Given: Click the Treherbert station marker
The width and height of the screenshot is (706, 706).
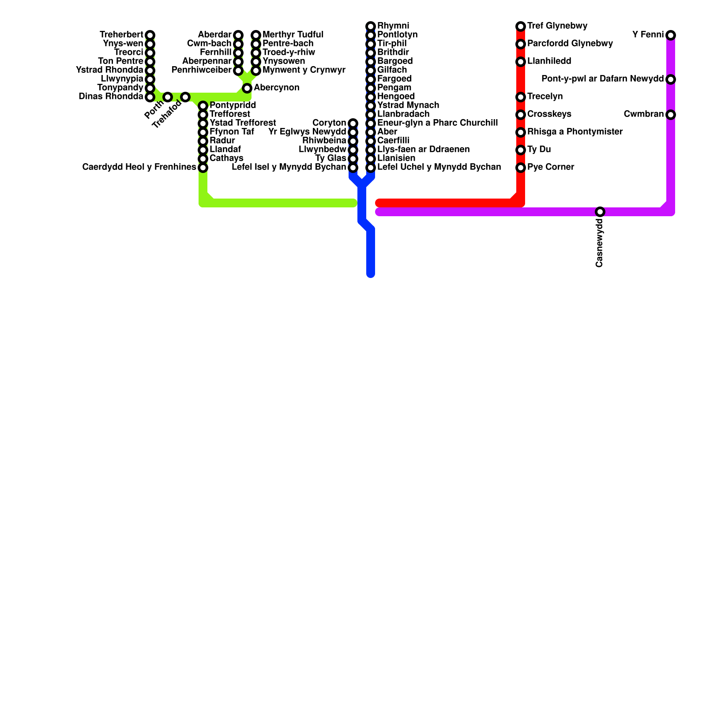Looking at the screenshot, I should (150, 35).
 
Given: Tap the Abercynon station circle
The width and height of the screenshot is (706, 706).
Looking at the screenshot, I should (247, 88).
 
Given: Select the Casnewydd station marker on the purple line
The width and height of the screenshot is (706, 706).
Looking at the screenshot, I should (600, 212).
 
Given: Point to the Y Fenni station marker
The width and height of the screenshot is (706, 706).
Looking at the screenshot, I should (671, 35).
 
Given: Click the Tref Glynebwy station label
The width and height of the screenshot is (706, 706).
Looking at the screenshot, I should (557, 26).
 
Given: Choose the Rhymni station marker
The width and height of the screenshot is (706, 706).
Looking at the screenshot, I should (371, 26).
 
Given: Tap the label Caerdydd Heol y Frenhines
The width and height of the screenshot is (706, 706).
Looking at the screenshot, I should (139, 167).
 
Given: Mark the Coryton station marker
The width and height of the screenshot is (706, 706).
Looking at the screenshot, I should (353, 123).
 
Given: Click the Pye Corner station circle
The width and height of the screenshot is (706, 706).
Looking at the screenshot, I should (521, 168).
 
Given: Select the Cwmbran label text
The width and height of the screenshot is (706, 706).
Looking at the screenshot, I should (643, 114).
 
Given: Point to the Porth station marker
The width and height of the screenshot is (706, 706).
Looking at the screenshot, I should (168, 97).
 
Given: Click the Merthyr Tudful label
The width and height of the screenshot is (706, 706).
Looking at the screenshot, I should (293, 34).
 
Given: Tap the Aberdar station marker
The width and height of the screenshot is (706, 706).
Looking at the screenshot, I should (238, 35).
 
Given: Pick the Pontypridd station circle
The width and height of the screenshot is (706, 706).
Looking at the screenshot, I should (203, 106).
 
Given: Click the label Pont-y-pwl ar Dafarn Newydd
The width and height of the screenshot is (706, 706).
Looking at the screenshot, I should (602, 79).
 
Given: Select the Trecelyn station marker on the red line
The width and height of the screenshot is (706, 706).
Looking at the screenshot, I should (521, 97).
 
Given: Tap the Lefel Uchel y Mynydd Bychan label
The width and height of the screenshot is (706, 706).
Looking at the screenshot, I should (439, 167).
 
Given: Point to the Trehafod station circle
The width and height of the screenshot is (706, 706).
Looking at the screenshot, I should (185, 97).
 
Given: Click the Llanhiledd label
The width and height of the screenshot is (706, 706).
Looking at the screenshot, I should (549, 61).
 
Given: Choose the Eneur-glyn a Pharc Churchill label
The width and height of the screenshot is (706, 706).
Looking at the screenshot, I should (438, 123).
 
